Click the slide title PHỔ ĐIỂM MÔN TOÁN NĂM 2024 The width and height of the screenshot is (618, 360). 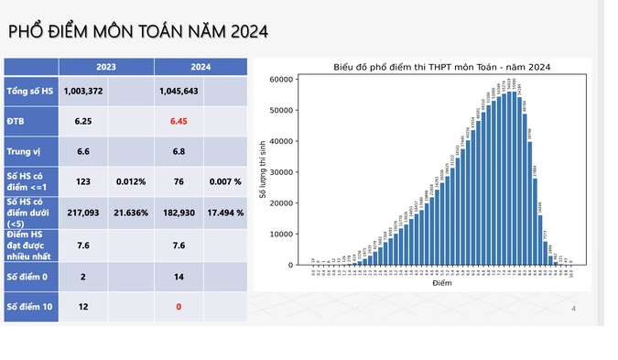click(137, 32)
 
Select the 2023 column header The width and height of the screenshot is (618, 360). click(106, 67)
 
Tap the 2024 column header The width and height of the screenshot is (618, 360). click(201, 67)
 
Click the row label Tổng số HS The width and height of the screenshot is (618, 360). click(31, 92)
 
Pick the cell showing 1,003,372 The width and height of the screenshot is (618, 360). click(83, 92)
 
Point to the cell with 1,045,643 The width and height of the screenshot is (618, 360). click(178, 92)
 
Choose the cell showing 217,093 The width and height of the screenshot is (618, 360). click(83, 212)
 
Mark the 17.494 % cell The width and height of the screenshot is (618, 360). click(225, 212)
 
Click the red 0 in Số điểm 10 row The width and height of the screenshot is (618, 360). click(178, 307)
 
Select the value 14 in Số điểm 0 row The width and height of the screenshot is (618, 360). click(178, 276)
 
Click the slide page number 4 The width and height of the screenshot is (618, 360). click(573, 308)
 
